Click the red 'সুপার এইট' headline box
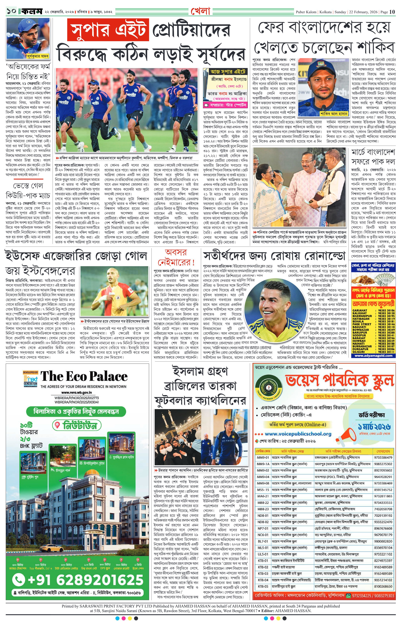click(x=107, y=30)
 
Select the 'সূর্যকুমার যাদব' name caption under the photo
click(x=38, y=56)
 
